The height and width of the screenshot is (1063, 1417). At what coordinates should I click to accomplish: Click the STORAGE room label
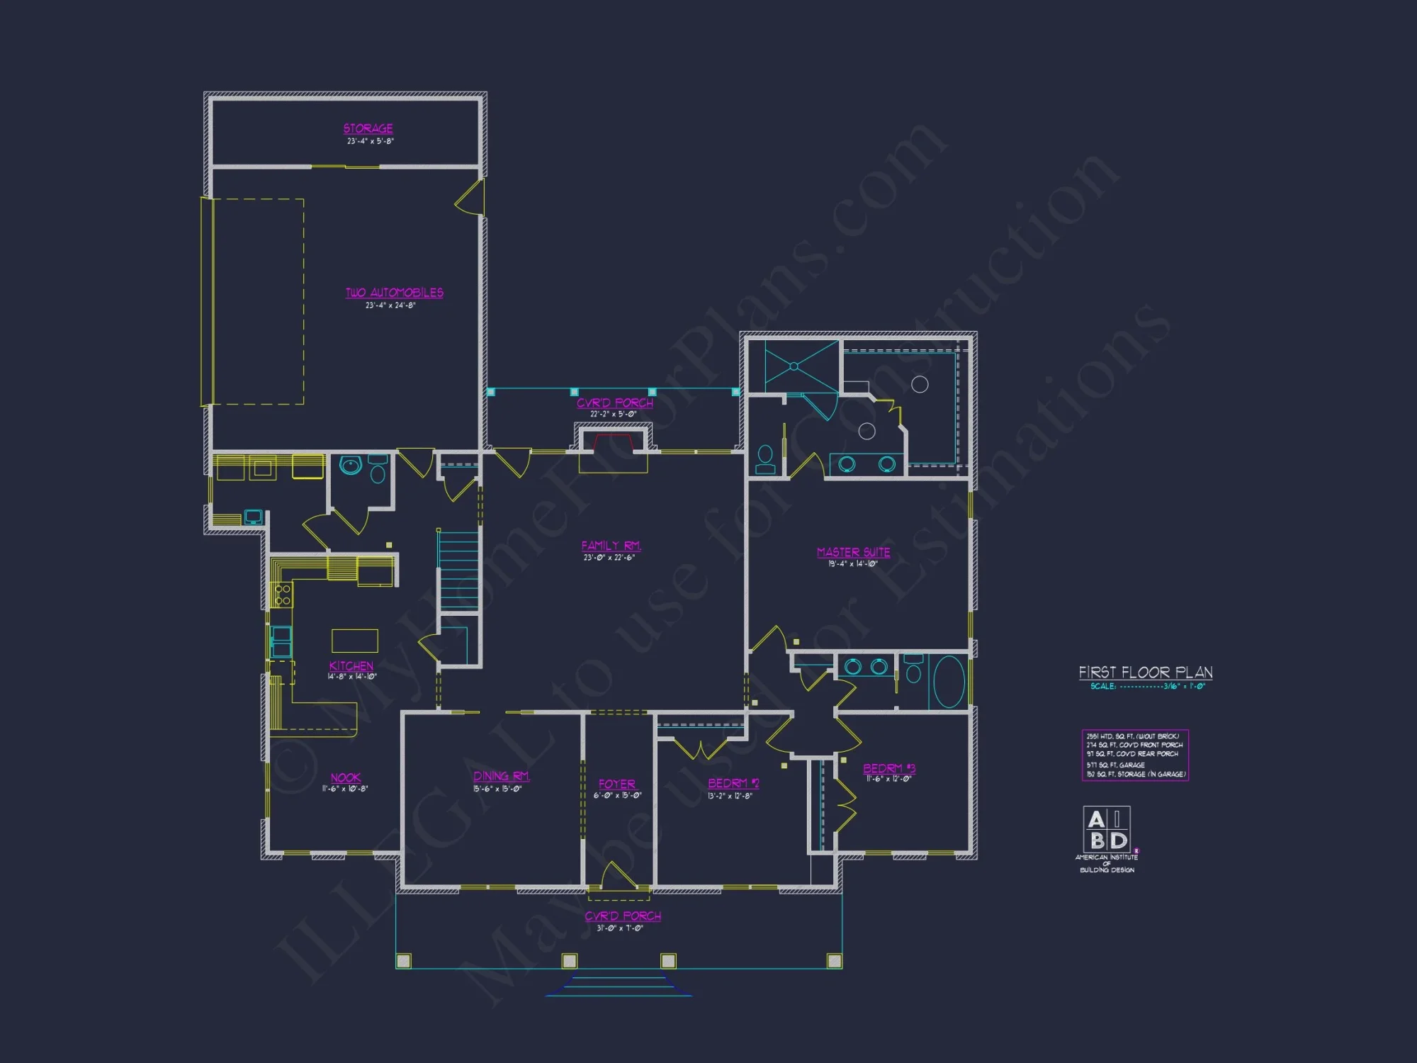pos(368,128)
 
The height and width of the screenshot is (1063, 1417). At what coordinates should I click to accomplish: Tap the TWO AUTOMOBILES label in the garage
pos(394,293)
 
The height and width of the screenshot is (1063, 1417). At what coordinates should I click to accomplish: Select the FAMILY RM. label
pos(611,546)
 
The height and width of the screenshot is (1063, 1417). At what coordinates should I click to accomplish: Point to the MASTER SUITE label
pos(853,552)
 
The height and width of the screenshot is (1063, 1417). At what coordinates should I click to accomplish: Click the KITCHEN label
pos(351,666)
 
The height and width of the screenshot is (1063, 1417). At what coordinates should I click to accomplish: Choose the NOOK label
pos(346,777)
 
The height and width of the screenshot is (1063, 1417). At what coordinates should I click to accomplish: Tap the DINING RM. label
pos(501,776)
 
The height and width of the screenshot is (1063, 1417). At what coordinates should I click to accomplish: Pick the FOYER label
pos(617,784)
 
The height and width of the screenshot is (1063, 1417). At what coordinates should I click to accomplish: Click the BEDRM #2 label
pos(733,783)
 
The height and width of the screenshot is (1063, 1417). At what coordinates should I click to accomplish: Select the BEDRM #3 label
pos(888,768)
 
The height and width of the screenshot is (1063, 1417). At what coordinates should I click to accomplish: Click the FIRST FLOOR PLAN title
pos(1145,673)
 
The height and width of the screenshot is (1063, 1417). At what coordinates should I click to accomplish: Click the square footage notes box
pos(1135,755)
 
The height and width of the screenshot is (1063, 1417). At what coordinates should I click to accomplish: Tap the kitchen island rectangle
pos(355,641)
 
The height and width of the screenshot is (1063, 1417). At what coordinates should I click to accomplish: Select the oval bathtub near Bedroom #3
pos(949,682)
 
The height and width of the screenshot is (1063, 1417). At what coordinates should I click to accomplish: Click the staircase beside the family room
pos(458,570)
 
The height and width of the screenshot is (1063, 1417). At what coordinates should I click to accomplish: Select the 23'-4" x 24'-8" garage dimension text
pos(390,305)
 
